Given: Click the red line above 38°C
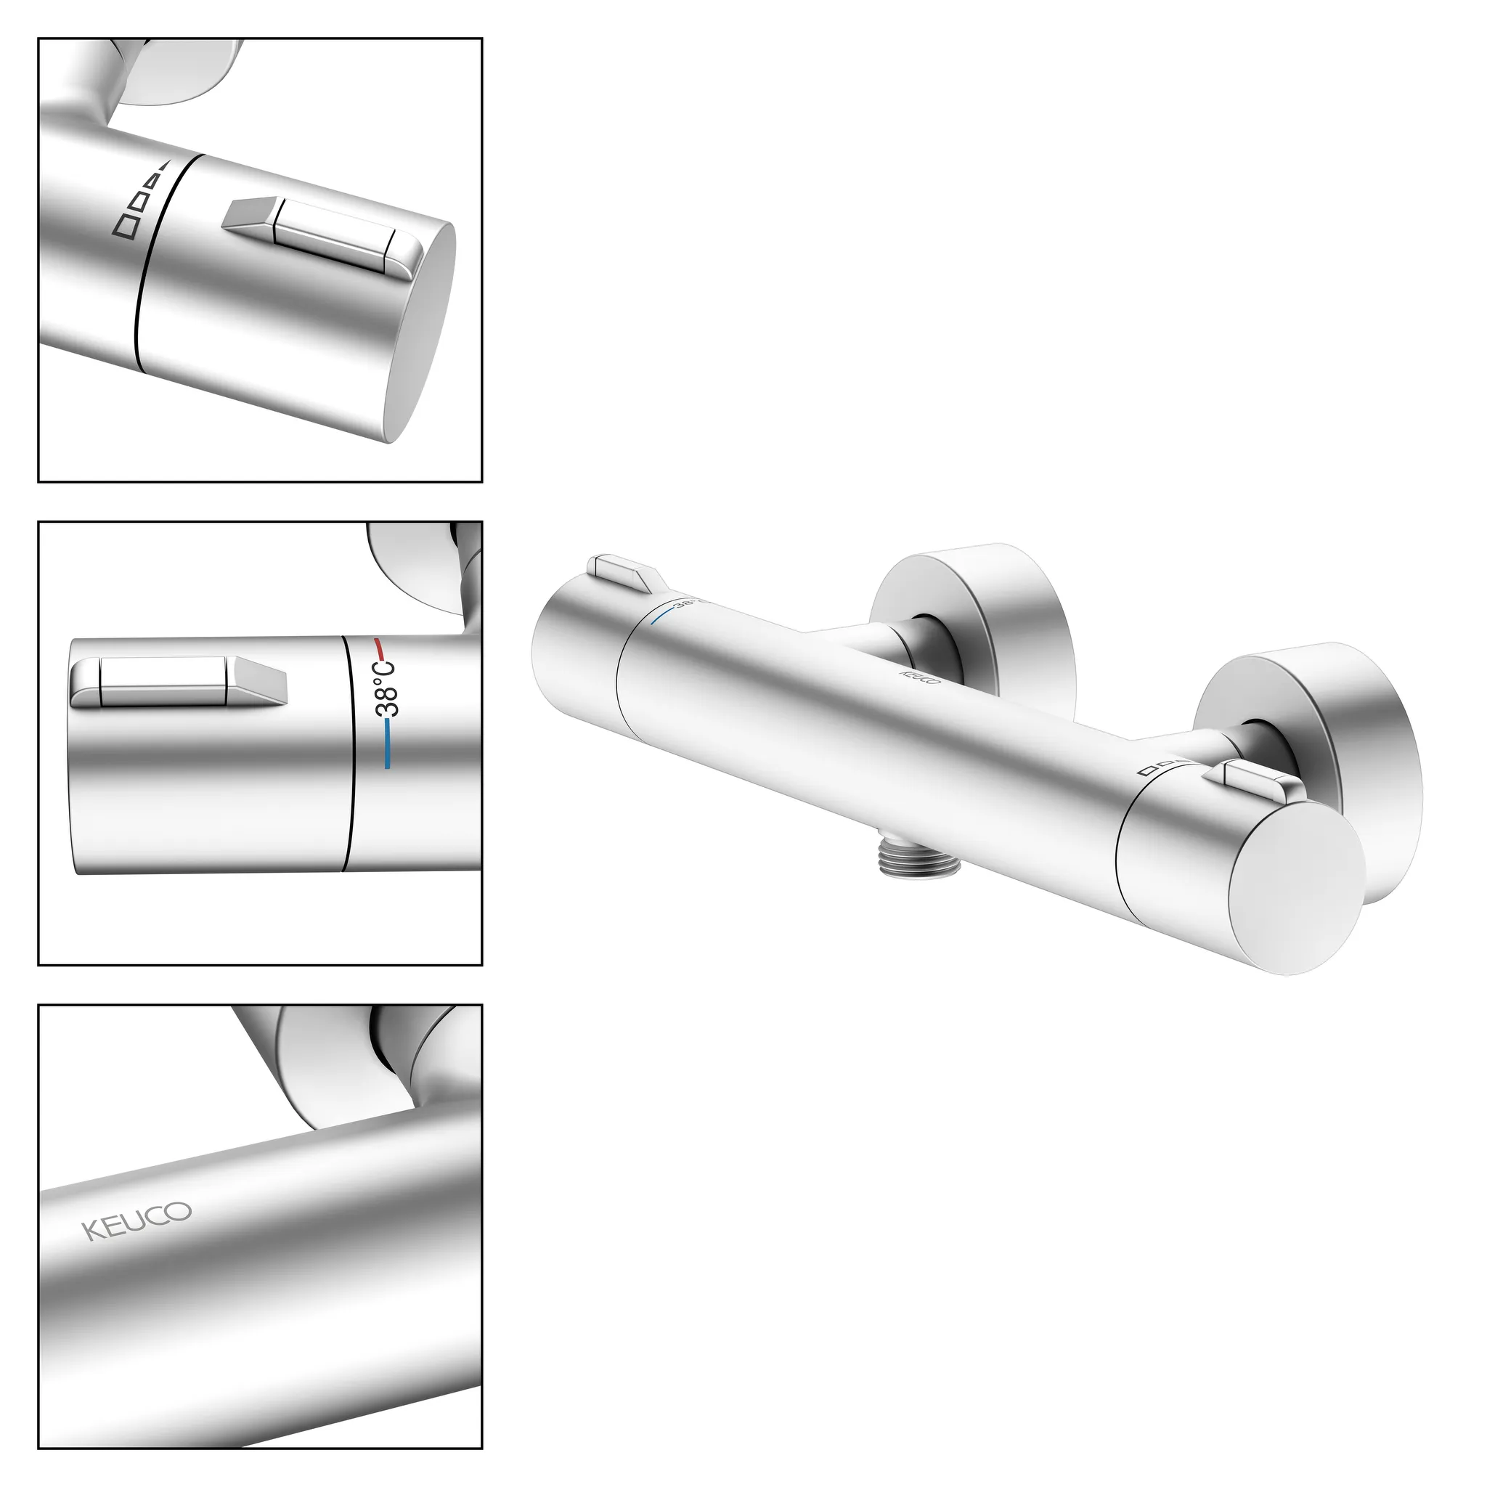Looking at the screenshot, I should [x=380, y=645].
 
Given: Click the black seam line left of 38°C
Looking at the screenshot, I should [x=349, y=754].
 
